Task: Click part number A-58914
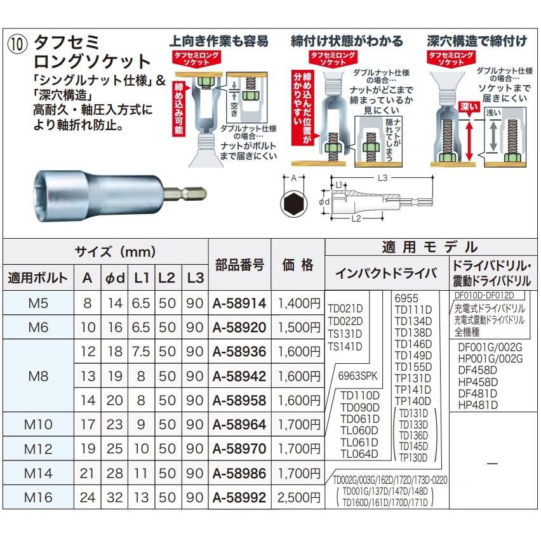coord(238,304)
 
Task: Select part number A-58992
coord(238,497)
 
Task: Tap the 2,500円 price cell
coord(298,497)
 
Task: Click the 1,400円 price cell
coord(298,304)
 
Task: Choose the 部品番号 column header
coord(239,265)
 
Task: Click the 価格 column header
coord(298,265)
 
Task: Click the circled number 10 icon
coord(18,45)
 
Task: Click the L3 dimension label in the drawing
coord(381,178)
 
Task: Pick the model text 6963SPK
coord(358,375)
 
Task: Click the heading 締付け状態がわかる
coord(347,41)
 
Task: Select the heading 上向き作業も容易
coord(218,41)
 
